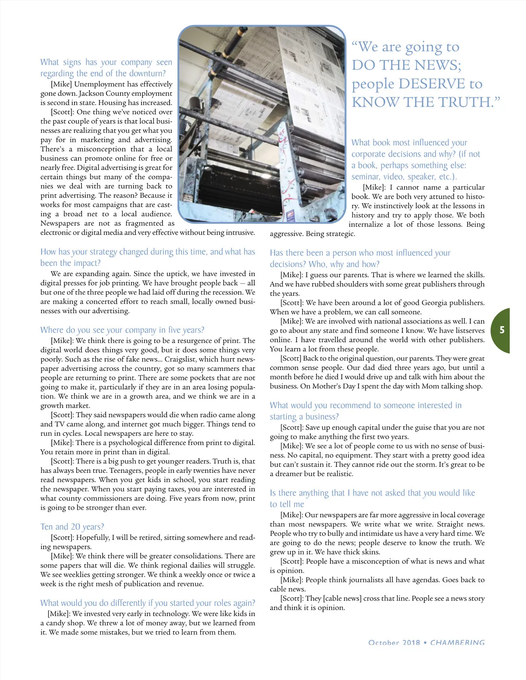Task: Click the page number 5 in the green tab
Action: click(502, 330)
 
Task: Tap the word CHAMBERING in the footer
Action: click(457, 642)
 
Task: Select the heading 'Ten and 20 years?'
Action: click(72, 527)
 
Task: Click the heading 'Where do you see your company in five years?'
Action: click(122, 330)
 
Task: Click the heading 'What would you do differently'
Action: click(148, 603)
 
